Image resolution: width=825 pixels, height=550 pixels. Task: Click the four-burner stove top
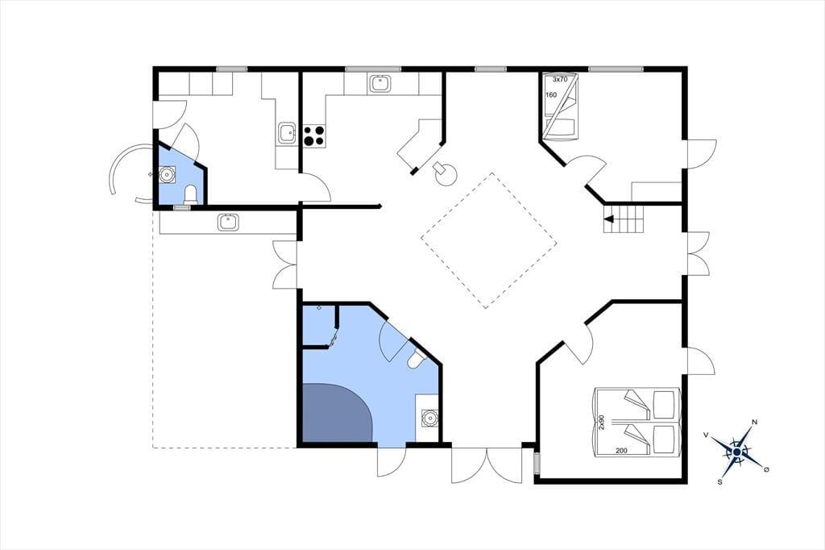click(x=315, y=135)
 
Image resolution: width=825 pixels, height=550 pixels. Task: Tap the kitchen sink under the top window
click(x=380, y=83)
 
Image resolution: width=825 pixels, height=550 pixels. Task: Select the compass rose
click(x=737, y=452)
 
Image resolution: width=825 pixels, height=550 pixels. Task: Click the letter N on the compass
click(x=754, y=422)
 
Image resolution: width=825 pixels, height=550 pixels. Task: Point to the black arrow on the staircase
click(x=609, y=219)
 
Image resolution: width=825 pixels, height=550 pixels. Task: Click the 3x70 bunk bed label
click(x=560, y=80)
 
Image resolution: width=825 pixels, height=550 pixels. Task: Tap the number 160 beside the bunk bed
click(x=551, y=95)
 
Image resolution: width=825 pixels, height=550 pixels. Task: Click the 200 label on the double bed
click(x=621, y=451)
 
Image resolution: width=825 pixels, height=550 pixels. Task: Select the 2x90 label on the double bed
click(x=602, y=423)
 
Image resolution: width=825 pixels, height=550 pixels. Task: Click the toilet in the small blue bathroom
click(x=190, y=194)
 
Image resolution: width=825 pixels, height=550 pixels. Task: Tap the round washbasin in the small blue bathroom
click(x=168, y=174)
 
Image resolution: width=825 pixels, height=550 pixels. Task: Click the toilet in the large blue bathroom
click(x=417, y=360)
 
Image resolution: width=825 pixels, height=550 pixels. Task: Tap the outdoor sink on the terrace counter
click(x=228, y=222)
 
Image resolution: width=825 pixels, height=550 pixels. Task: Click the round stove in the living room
click(x=445, y=173)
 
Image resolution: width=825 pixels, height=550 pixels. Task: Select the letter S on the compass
click(x=719, y=481)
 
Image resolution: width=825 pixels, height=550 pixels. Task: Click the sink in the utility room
click(x=288, y=133)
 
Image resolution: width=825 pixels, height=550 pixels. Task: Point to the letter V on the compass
click(x=706, y=435)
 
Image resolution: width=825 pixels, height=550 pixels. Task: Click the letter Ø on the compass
click(x=766, y=469)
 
